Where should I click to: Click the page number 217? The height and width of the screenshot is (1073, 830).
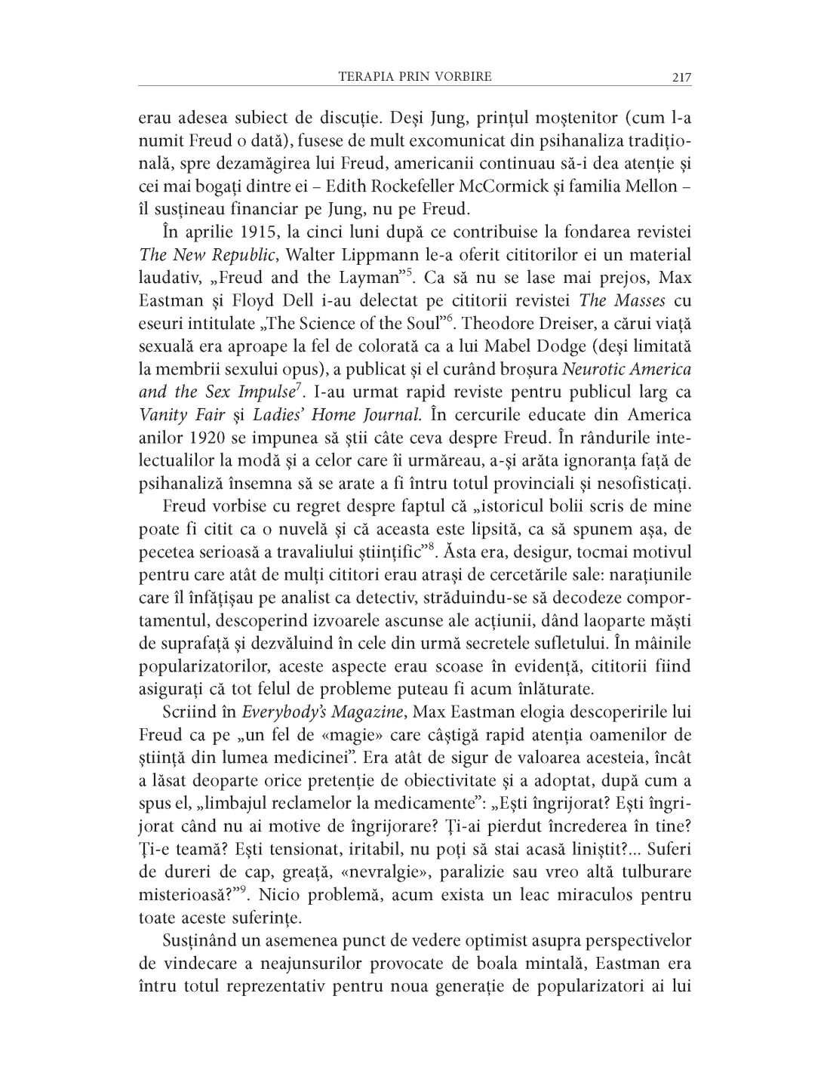pyautogui.click(x=681, y=77)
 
